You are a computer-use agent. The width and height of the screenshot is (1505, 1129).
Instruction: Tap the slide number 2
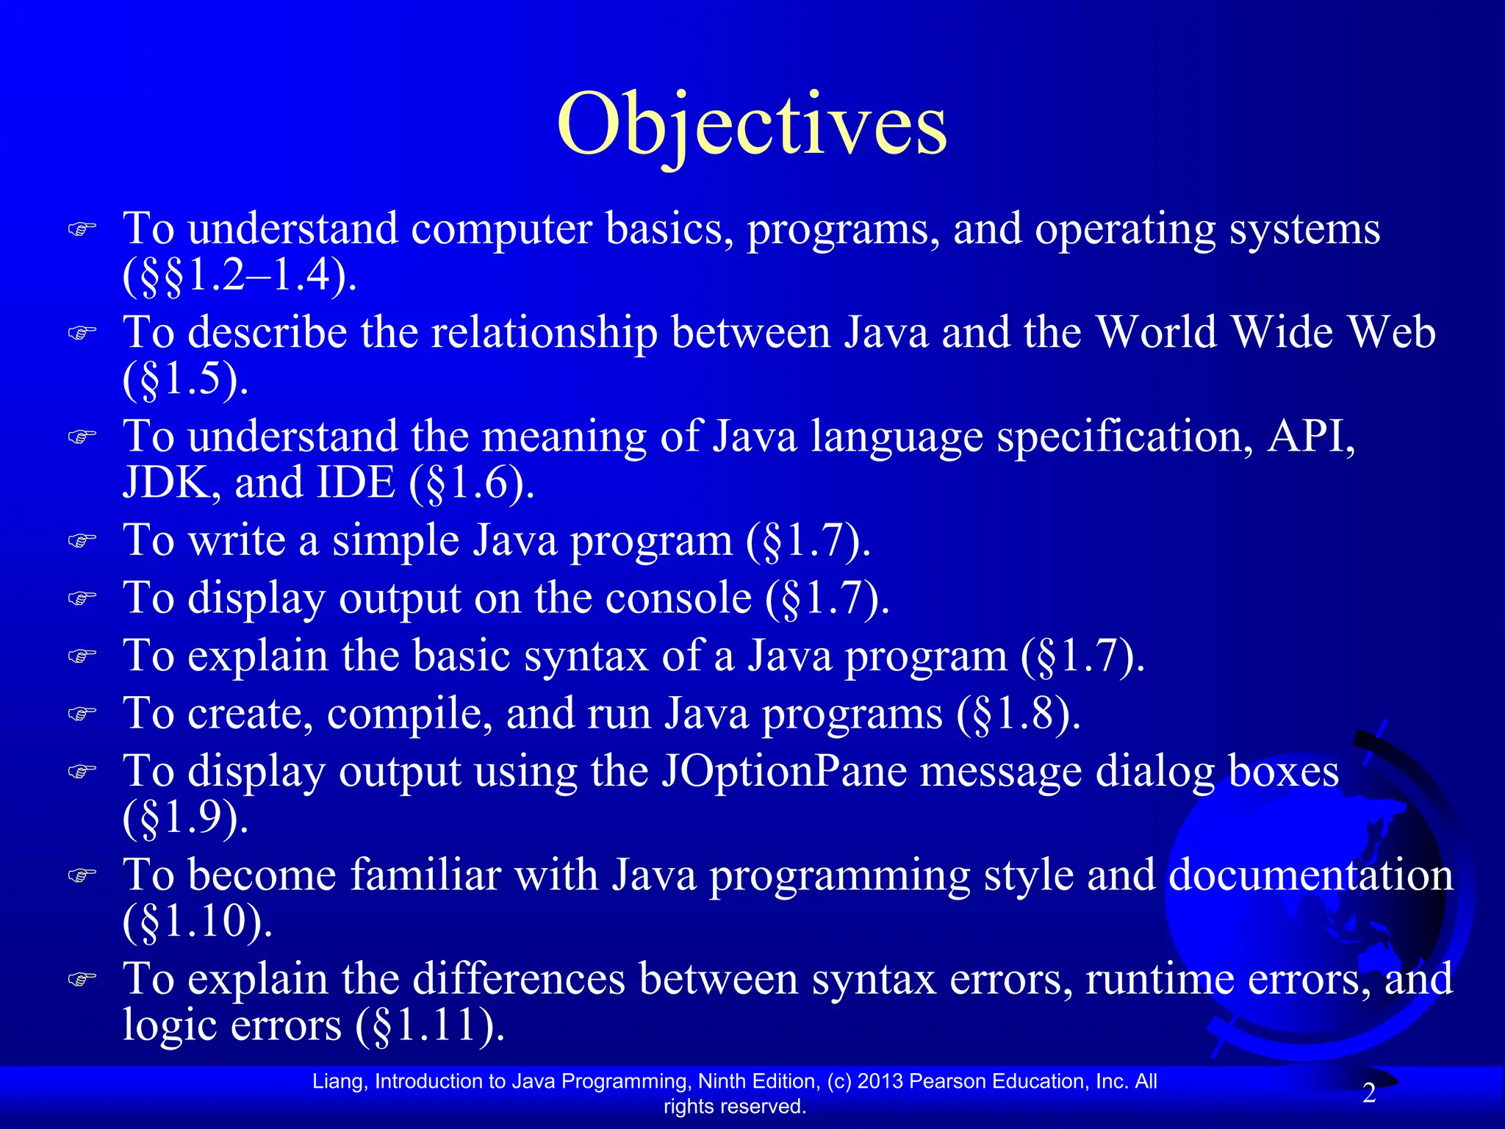click(x=1369, y=1094)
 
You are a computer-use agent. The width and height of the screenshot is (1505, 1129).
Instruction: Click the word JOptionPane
click(x=783, y=772)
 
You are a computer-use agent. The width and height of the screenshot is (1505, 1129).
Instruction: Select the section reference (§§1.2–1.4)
click(x=240, y=275)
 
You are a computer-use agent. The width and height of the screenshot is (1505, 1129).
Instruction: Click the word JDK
click(x=165, y=483)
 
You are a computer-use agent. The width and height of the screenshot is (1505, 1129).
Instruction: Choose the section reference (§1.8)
click(x=1019, y=714)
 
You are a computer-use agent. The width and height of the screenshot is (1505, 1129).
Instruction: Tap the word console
click(x=678, y=598)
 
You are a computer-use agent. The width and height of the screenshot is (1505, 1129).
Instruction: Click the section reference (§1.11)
click(x=431, y=1025)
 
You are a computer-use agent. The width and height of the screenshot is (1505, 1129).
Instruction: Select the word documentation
click(x=1310, y=875)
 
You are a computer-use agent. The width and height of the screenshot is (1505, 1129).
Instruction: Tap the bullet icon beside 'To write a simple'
click(x=82, y=541)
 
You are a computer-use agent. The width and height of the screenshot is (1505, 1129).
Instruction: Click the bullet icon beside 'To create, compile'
click(x=82, y=714)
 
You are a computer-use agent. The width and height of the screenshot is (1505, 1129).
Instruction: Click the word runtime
click(x=1157, y=979)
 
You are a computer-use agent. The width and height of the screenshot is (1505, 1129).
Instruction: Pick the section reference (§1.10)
click(x=197, y=921)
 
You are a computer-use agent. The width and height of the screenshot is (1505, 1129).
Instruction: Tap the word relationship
click(x=544, y=332)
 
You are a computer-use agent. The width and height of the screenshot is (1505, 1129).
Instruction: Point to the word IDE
click(x=355, y=483)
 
